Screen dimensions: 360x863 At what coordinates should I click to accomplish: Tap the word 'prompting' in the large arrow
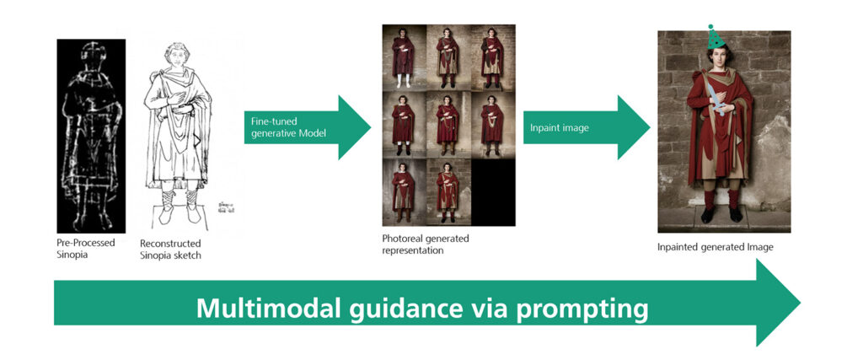click(x=584, y=309)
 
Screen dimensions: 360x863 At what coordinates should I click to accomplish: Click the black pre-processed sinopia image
click(x=91, y=135)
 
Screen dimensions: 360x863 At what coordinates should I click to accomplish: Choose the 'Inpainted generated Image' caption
click(x=714, y=247)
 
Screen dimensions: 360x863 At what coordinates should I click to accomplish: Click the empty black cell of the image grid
click(x=493, y=193)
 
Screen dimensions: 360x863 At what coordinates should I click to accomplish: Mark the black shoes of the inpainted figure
click(x=721, y=215)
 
